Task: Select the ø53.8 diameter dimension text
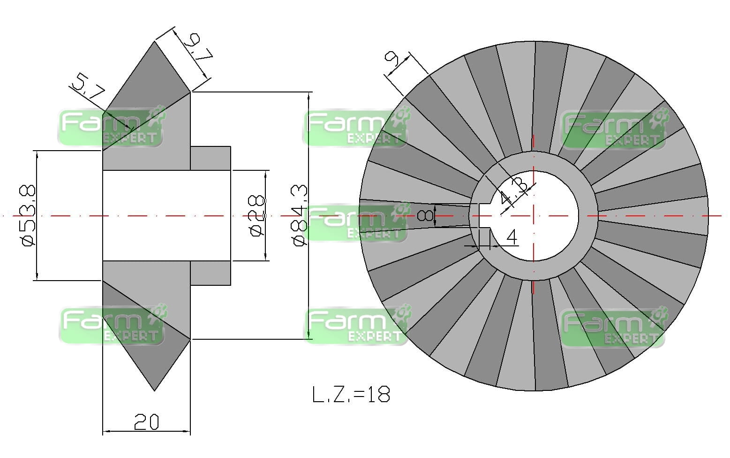(27, 215)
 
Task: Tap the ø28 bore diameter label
(256, 215)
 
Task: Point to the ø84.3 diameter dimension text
(299, 214)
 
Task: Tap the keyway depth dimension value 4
(512, 237)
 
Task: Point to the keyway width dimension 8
(425, 215)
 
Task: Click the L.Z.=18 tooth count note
(351, 394)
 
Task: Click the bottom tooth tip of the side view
(155, 389)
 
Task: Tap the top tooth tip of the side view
(155, 42)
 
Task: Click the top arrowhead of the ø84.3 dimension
(308, 96)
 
